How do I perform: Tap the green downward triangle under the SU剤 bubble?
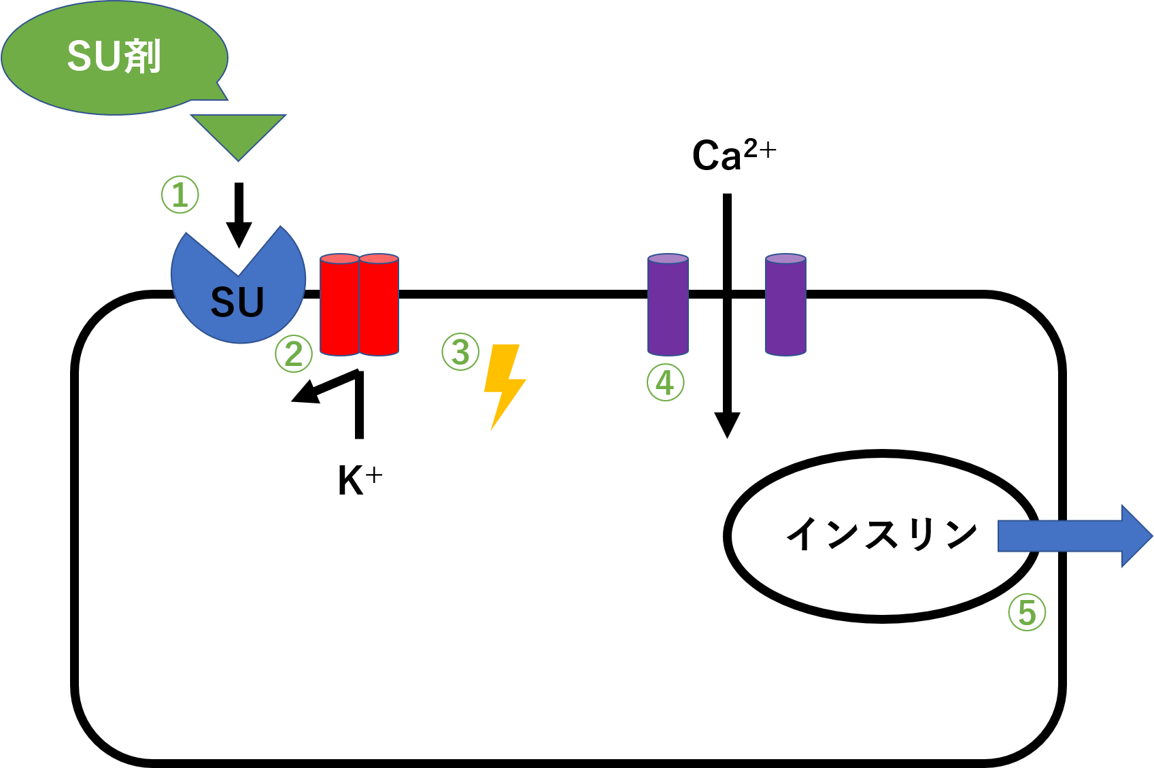click(238, 133)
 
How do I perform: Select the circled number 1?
click(180, 195)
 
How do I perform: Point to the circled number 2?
click(294, 354)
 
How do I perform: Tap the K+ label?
click(359, 480)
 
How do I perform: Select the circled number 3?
click(460, 352)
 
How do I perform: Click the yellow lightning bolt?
click(504, 385)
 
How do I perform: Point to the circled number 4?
click(665, 382)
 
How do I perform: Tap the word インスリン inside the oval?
click(881, 533)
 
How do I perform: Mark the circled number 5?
click(1027, 612)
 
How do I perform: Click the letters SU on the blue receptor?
click(237, 303)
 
